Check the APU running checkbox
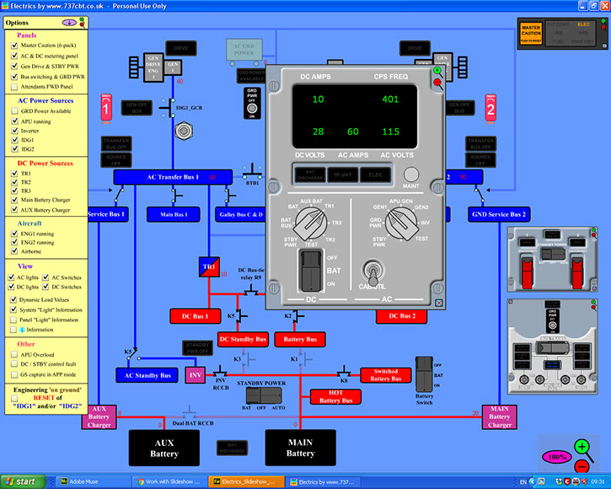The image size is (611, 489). click(14, 121)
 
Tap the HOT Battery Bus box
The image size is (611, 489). click(335, 396)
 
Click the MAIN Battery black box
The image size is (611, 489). click(300, 448)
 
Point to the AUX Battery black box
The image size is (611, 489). click(164, 448)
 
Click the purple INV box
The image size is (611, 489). click(196, 373)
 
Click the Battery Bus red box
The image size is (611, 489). click(300, 339)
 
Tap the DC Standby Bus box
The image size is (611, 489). click(243, 339)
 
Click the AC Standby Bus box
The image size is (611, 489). click(147, 375)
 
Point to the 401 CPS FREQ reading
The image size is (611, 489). click(389, 99)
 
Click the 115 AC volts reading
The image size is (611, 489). click(389, 132)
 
